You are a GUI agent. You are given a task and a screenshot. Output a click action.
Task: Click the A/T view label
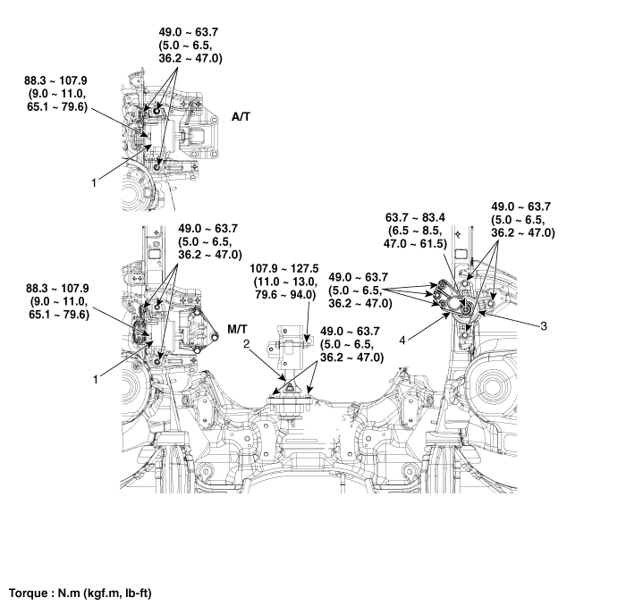[x=241, y=117]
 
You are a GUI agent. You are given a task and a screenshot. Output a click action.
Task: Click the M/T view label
[x=237, y=329]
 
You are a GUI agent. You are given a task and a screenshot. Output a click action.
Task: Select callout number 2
[x=247, y=343]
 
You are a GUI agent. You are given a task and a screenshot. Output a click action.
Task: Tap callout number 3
[x=544, y=326]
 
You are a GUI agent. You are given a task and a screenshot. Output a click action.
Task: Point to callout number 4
[x=402, y=341]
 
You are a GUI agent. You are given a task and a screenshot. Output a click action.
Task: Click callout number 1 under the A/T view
[x=94, y=182]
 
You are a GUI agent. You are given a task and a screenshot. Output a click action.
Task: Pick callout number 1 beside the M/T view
[x=95, y=379]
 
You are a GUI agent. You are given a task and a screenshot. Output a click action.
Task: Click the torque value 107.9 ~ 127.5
[x=284, y=268]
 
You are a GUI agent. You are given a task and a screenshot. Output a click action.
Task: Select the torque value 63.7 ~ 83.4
[x=415, y=217]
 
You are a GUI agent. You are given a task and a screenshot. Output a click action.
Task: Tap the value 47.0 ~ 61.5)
[x=415, y=243]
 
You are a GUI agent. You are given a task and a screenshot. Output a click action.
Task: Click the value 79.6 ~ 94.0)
[x=284, y=294]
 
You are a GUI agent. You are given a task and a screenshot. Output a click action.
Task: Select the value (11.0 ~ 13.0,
[x=286, y=282]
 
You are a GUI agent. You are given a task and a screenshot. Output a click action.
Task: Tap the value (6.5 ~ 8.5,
[x=415, y=231]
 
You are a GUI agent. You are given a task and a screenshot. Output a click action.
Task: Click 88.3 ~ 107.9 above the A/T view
[x=55, y=80]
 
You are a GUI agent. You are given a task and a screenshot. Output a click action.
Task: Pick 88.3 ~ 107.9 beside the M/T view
[x=57, y=289]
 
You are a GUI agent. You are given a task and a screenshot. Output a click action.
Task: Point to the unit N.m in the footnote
[x=69, y=593]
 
